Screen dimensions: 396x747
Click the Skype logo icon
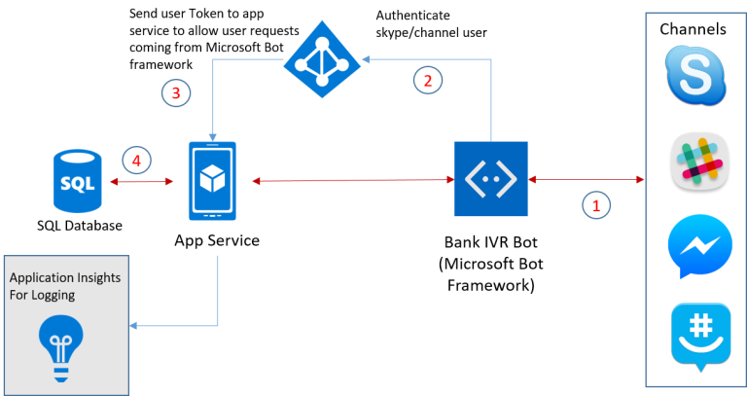[x=695, y=75]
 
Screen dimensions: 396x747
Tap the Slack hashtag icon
[x=699, y=160]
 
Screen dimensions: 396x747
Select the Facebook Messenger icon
[x=699, y=244]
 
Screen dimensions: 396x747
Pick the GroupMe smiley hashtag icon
[x=699, y=335]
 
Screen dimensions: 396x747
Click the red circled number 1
[x=596, y=204]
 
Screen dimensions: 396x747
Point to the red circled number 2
[x=425, y=80]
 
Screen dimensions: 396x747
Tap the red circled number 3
[x=175, y=92]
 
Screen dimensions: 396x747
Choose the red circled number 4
[x=136, y=160]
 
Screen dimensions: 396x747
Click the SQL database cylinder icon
[x=77, y=181]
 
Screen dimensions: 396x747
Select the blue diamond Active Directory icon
[x=321, y=62]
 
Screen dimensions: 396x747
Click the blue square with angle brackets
[x=491, y=179]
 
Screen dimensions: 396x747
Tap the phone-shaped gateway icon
[x=212, y=181]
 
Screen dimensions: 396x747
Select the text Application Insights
[x=64, y=277]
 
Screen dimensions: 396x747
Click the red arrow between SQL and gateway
[x=146, y=181]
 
